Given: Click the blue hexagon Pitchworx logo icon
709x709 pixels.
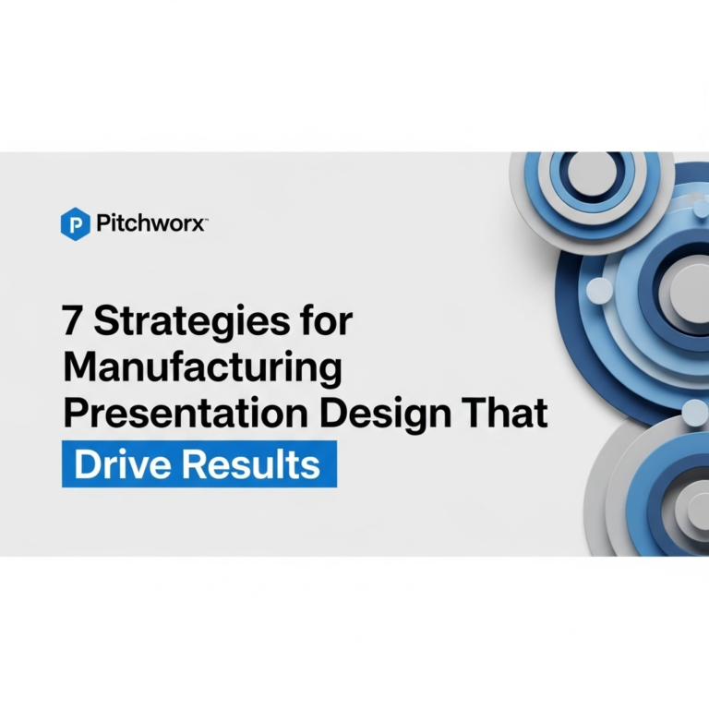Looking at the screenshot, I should coord(75,224).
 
